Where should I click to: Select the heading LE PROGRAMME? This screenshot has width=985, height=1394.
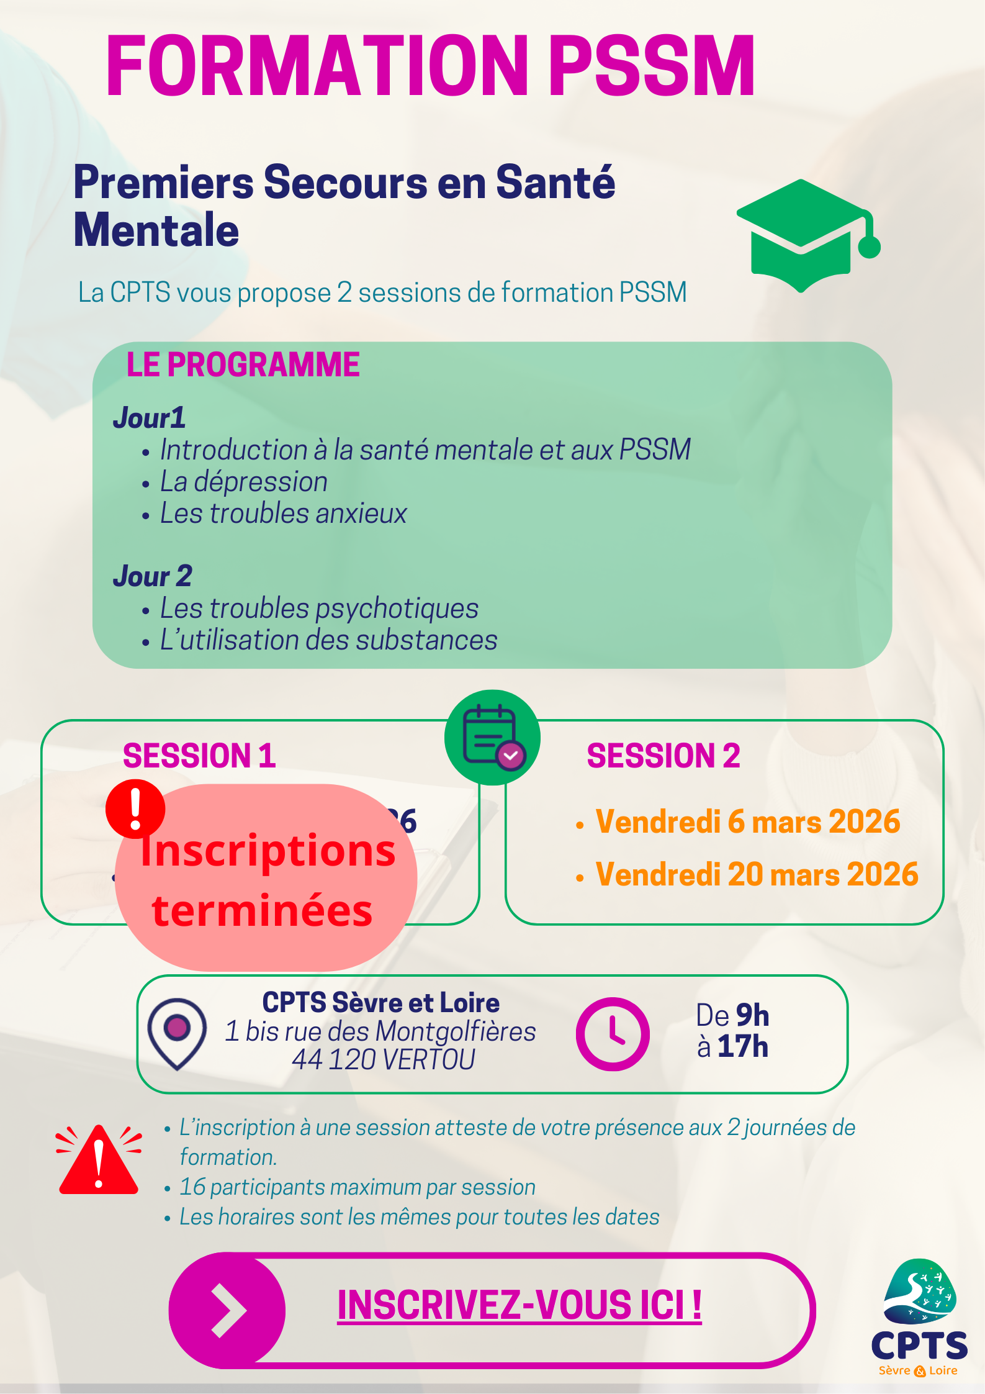point(243,364)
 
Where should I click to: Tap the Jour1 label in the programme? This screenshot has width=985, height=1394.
point(150,418)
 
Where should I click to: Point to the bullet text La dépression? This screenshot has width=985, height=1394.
point(244,482)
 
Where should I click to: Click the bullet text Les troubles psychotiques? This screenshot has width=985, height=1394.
point(319,609)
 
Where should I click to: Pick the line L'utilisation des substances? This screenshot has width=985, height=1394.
point(329,640)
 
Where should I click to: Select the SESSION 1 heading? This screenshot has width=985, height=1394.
point(199,756)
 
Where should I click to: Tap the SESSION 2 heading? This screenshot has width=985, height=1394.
point(663,756)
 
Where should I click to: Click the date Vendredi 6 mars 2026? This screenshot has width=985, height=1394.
point(748,821)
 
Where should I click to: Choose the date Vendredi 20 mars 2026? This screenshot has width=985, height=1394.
point(757,874)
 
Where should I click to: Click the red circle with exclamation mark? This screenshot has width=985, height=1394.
point(135,808)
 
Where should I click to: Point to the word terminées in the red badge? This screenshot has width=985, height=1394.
point(263,911)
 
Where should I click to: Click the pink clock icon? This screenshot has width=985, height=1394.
point(613,1034)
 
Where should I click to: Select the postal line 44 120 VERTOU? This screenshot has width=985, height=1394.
point(384,1060)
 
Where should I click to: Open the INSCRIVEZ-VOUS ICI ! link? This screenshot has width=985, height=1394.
point(519,1305)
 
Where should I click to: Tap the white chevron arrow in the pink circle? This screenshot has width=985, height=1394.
point(228,1310)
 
